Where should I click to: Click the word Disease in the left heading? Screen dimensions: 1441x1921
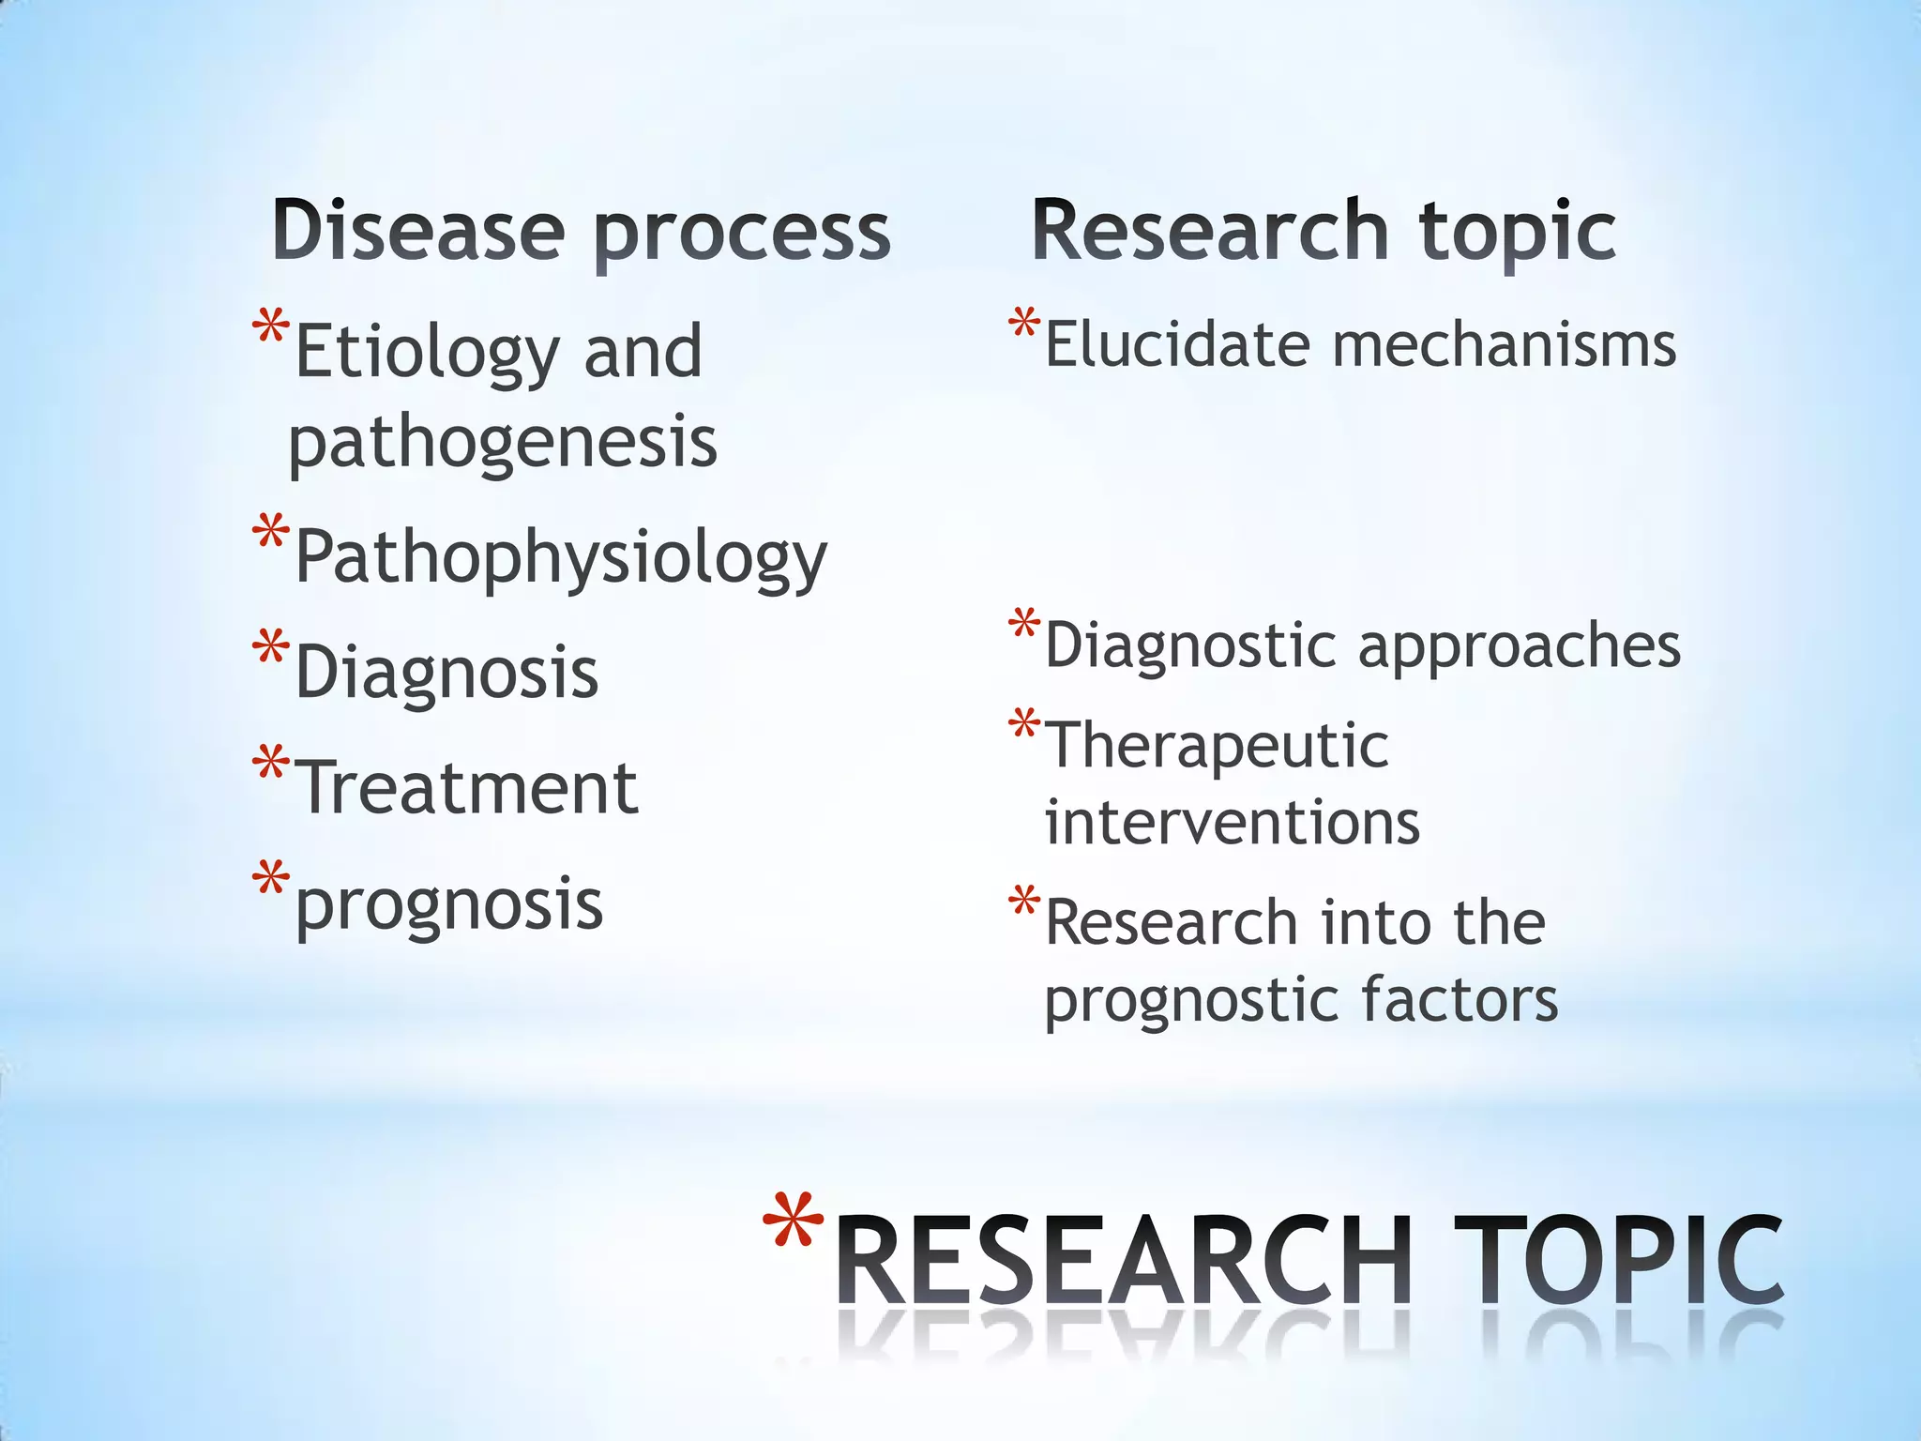[418, 231]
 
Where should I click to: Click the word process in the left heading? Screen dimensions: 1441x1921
[742, 235]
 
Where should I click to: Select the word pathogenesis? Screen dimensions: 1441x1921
[503, 443]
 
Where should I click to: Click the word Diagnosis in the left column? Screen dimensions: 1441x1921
[446, 672]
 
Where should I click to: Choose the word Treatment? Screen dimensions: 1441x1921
[467, 788]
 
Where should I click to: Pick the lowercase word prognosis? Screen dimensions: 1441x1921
[449, 906]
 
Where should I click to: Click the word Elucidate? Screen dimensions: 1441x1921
[1177, 344]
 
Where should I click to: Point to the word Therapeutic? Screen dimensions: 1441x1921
[1217, 747]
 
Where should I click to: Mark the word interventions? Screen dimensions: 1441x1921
[1233, 822]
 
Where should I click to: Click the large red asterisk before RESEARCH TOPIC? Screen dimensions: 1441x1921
[793, 1221]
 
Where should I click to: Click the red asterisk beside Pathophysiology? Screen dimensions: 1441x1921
[271, 533]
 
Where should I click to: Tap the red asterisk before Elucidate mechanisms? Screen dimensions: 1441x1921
[1024, 324]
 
